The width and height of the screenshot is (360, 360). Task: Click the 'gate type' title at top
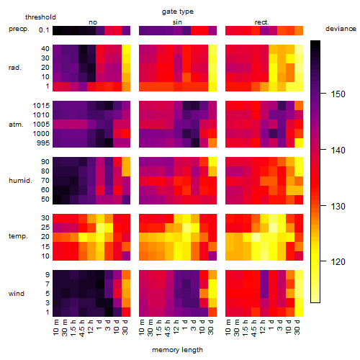pos(178,12)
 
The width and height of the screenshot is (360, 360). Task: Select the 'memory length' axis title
pos(177,350)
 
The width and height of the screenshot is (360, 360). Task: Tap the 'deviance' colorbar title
pos(341,29)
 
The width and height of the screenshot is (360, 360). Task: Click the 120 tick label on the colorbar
pos(338,261)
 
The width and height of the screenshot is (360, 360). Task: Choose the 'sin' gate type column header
pos(177,22)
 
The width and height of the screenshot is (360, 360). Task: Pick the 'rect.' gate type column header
pos(261,22)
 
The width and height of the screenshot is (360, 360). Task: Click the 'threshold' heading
pos(40,17)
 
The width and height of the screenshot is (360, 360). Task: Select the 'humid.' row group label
pos(20,181)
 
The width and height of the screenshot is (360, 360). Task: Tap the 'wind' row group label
pos(17,294)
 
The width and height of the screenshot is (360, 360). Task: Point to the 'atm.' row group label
pos(16,125)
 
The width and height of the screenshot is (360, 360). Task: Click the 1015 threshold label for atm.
pos(41,106)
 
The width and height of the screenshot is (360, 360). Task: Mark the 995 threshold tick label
pos(43,143)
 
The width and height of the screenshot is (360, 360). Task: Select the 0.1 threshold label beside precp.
pos(44,30)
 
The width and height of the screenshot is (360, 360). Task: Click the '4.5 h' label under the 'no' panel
pos(82,328)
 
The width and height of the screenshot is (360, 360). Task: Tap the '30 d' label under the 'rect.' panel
pos(297,327)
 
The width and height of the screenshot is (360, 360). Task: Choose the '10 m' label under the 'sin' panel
pos(143,327)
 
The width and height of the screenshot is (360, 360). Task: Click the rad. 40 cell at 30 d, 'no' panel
pos(126,49)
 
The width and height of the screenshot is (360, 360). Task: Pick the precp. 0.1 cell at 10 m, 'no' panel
pos(57,30)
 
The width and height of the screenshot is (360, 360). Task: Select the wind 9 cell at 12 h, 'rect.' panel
pos(264,274)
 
